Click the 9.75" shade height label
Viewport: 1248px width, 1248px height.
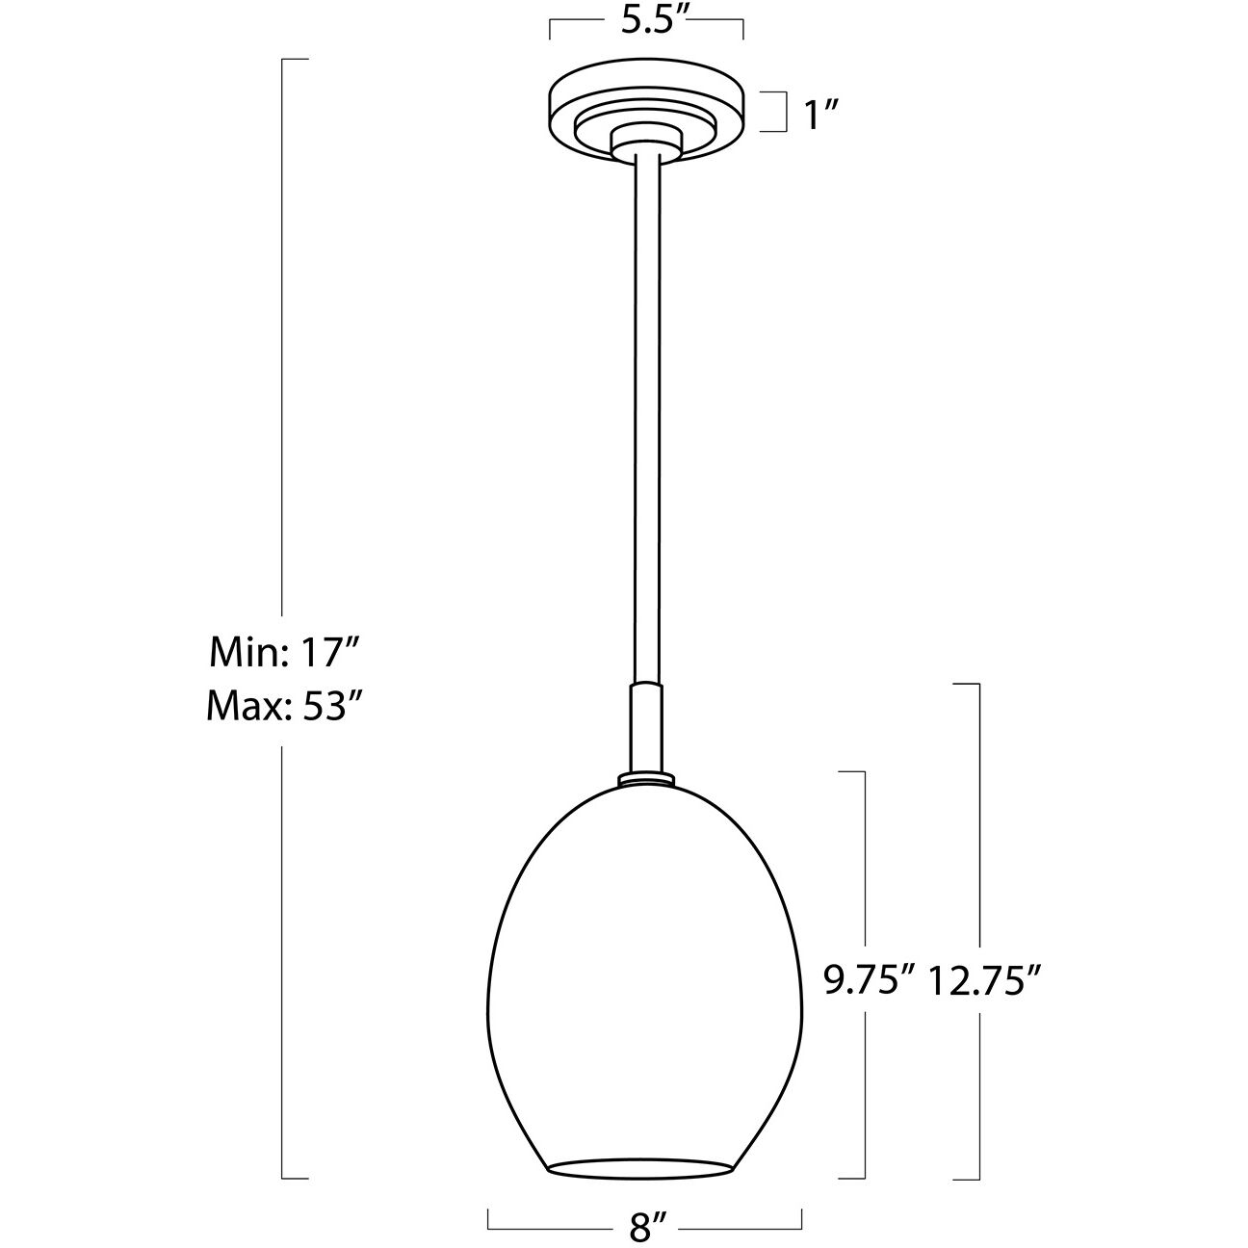868,980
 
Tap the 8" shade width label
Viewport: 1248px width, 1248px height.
645,1228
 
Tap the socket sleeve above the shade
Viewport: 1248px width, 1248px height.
645,727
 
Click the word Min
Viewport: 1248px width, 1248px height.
239,655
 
